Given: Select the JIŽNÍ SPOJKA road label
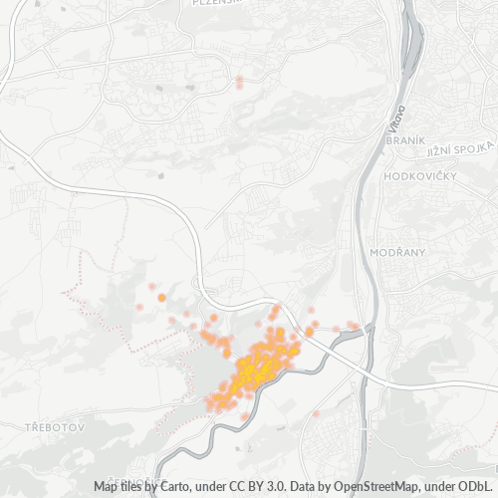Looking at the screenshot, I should coord(461,148).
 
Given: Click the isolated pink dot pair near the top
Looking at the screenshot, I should coord(239,82).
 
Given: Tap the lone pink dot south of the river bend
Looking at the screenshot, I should coord(316,413).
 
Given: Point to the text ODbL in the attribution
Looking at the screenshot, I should coord(477,487).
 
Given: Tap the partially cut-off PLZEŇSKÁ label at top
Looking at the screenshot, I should coord(221,3).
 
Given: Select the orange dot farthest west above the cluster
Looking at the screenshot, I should coord(161,297).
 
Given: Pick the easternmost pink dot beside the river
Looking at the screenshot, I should coord(355,326).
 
